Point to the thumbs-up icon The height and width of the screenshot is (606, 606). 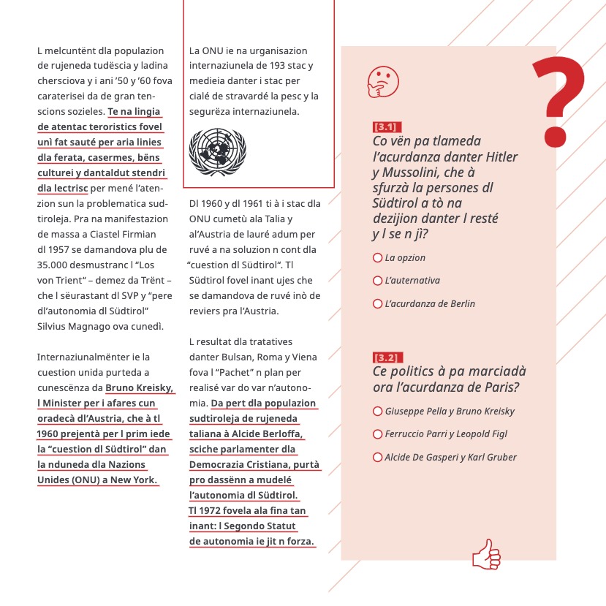click(x=486, y=554)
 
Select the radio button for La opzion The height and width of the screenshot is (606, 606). click(x=377, y=258)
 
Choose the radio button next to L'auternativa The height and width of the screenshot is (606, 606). click(x=377, y=281)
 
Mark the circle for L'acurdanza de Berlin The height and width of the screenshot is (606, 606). click(x=377, y=303)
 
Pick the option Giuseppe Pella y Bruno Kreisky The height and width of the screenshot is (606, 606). click(x=377, y=412)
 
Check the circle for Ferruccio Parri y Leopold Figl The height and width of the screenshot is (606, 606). click(x=377, y=434)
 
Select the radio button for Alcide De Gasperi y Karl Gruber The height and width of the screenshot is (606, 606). click(x=377, y=458)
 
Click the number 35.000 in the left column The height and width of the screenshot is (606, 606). click(x=53, y=264)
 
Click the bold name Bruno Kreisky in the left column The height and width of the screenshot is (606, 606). click(x=140, y=387)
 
